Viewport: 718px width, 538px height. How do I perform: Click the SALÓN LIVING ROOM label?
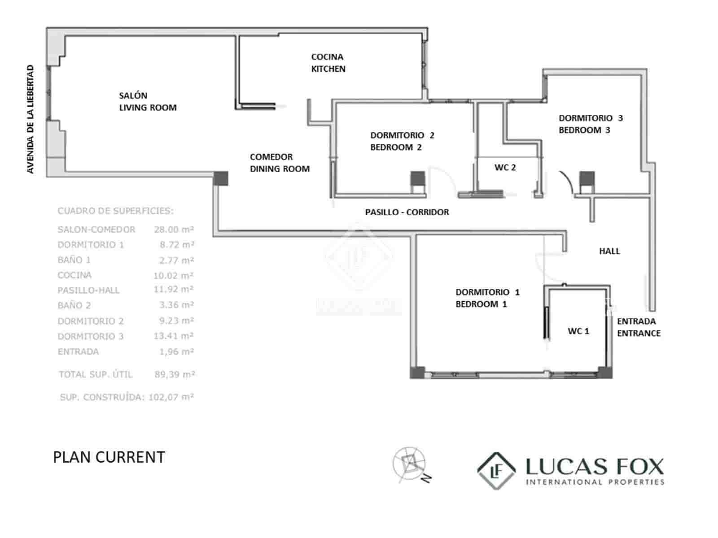(x=148, y=101)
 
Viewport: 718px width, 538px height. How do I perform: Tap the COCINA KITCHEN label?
(x=328, y=63)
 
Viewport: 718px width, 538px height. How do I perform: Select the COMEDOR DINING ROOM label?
(x=280, y=163)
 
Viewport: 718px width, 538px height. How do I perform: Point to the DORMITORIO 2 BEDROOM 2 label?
(x=402, y=141)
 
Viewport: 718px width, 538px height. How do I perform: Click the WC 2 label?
(x=505, y=168)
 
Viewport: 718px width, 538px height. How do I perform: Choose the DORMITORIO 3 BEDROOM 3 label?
(x=591, y=124)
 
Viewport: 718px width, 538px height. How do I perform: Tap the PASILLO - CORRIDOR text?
(x=407, y=212)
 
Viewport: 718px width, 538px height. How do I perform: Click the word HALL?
(x=609, y=251)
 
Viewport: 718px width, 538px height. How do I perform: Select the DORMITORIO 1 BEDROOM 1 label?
(x=487, y=298)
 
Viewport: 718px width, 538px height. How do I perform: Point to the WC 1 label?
(x=578, y=331)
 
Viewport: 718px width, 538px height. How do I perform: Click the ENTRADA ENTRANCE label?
(x=639, y=327)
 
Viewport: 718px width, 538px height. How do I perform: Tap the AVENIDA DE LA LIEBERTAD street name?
(x=31, y=119)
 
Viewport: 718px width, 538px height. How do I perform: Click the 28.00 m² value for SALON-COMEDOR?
(x=174, y=230)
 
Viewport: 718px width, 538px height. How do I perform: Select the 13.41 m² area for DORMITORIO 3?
(x=174, y=336)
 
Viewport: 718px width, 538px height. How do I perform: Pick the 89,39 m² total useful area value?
(x=175, y=374)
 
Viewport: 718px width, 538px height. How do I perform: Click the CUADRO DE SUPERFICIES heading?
(x=115, y=211)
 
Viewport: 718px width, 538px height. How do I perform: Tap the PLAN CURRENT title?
(x=109, y=457)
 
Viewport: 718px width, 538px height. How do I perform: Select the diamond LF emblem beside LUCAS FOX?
(x=496, y=471)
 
